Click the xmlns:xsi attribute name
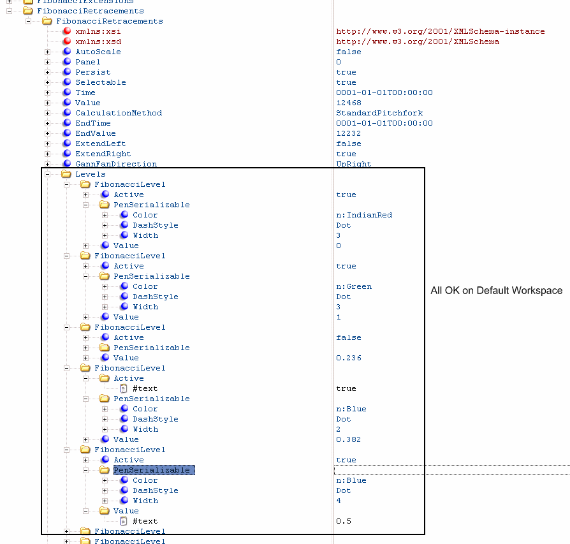[x=98, y=31]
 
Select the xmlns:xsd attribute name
[x=98, y=41]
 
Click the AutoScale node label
[x=98, y=52]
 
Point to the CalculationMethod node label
[x=119, y=113]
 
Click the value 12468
[x=349, y=103]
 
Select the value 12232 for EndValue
[x=349, y=133]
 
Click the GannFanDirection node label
[x=116, y=164]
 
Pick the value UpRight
[x=353, y=164]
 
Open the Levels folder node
[x=90, y=174]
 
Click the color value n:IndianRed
[x=364, y=215]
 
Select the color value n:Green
[x=354, y=286]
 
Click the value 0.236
[x=349, y=358]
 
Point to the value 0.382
[x=349, y=439]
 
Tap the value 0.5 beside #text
[x=344, y=521]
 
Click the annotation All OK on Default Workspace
[x=496, y=291]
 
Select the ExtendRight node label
[x=103, y=154]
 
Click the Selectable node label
[x=100, y=82]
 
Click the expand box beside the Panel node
[x=48, y=62]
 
